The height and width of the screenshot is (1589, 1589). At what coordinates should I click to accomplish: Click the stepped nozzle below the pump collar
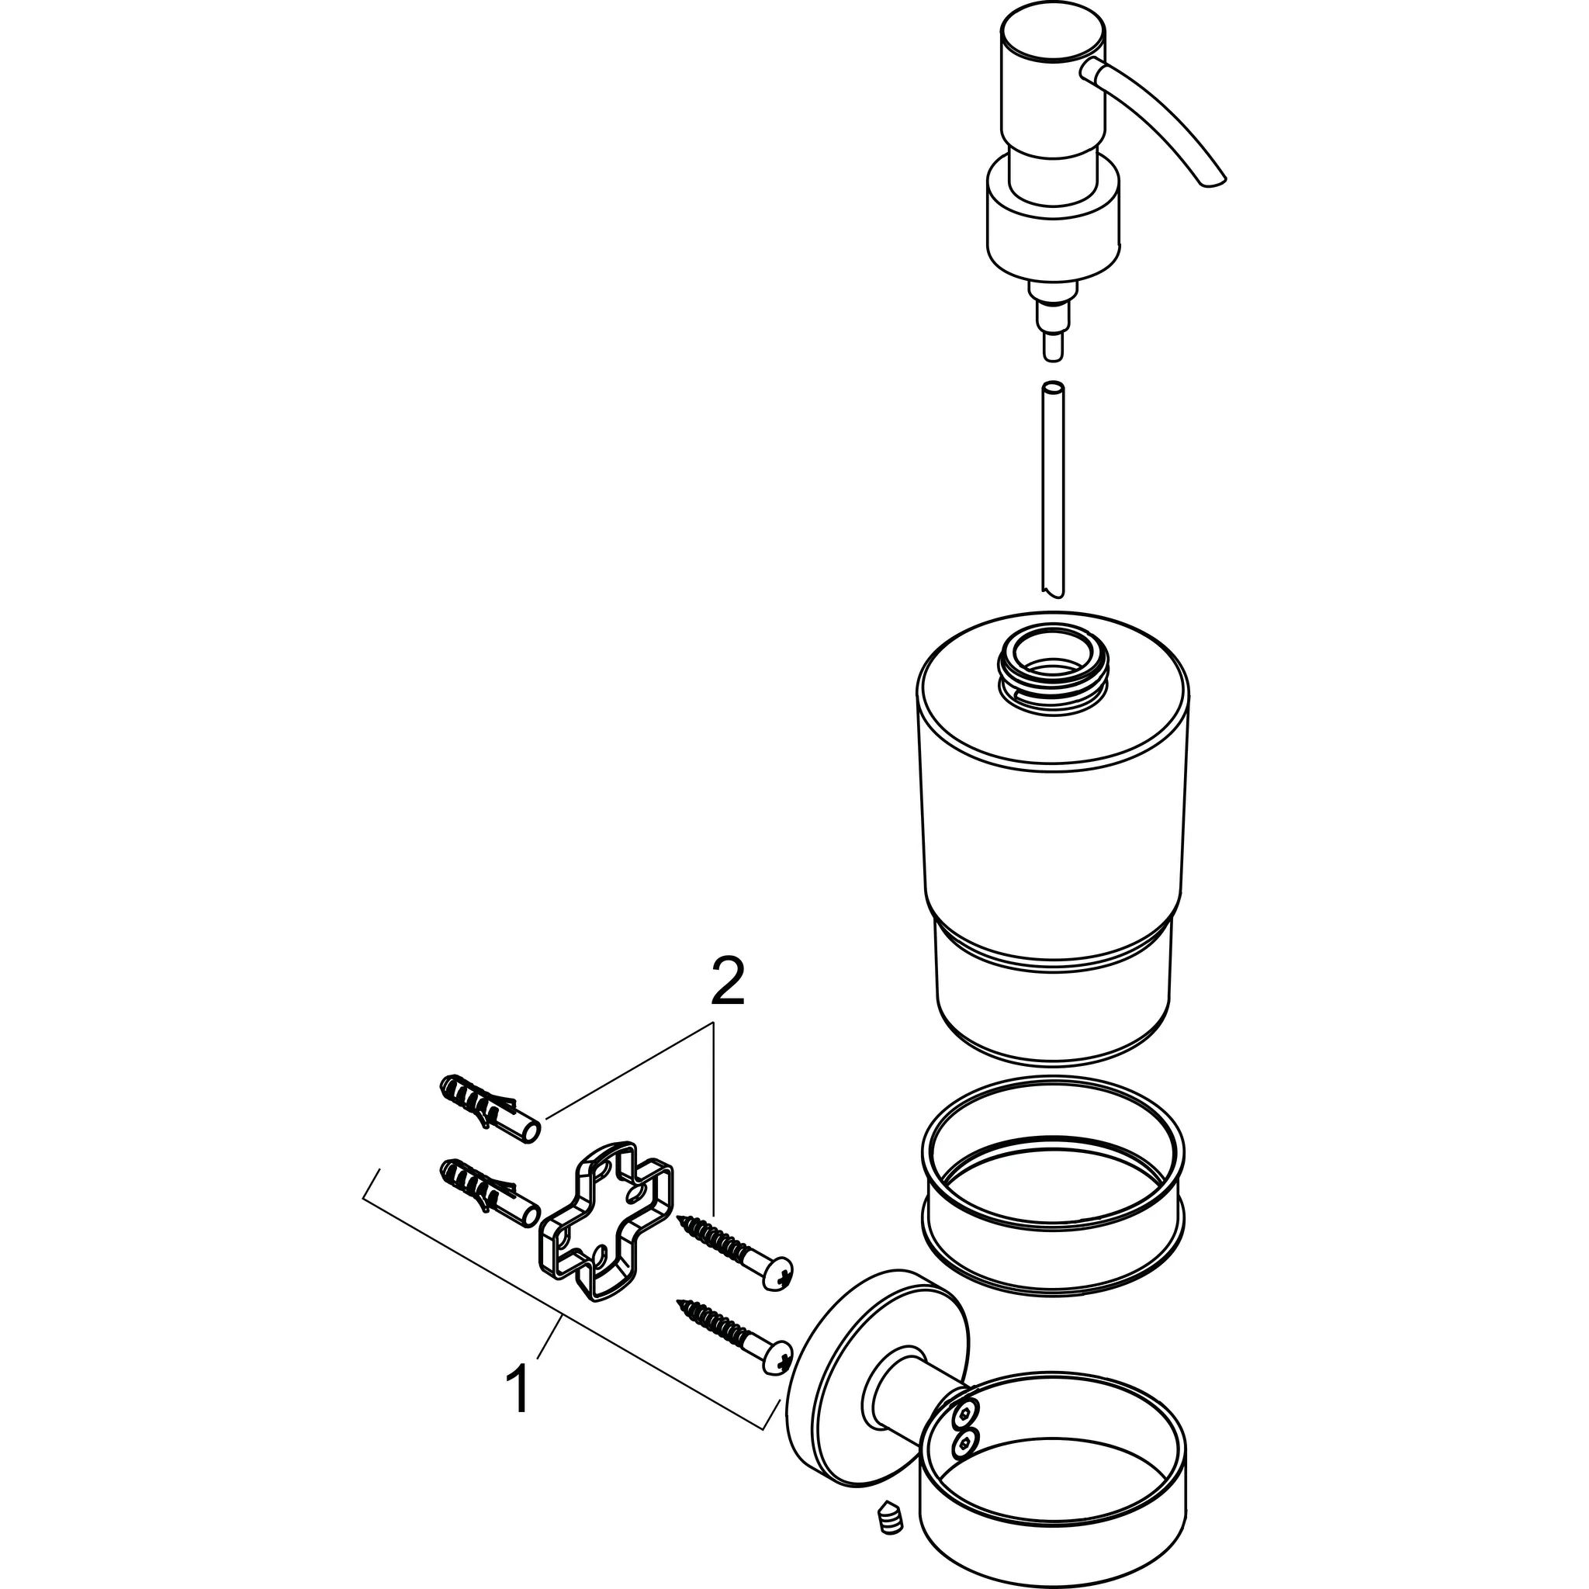1054,317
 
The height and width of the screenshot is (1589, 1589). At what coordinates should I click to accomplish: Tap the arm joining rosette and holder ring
905,1398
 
